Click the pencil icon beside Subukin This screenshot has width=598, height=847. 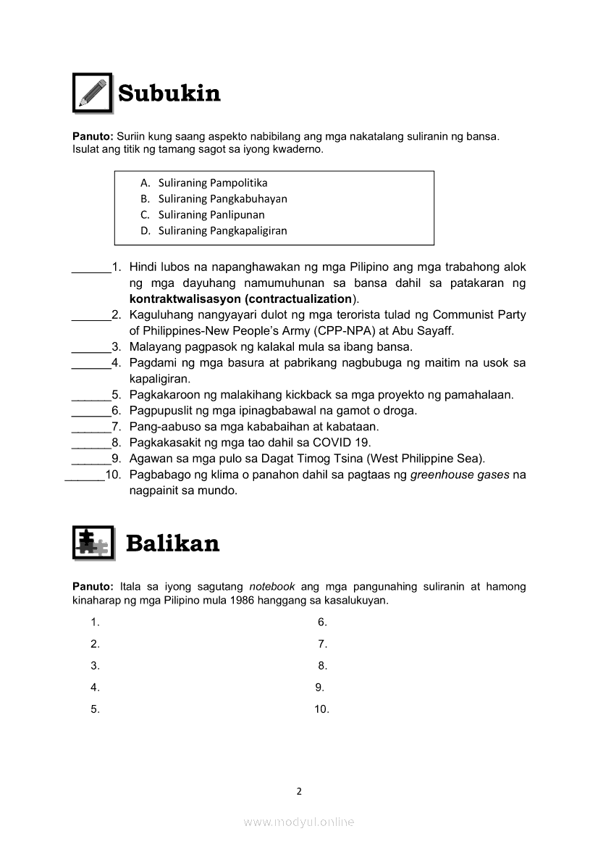pos(92,93)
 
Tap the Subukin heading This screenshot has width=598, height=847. pos(169,93)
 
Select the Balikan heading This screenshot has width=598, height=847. pos(172,543)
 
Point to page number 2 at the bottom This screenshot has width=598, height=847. pos(299,791)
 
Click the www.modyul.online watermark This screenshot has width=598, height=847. pos(299,822)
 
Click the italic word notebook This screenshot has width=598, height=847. pos(272,586)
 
